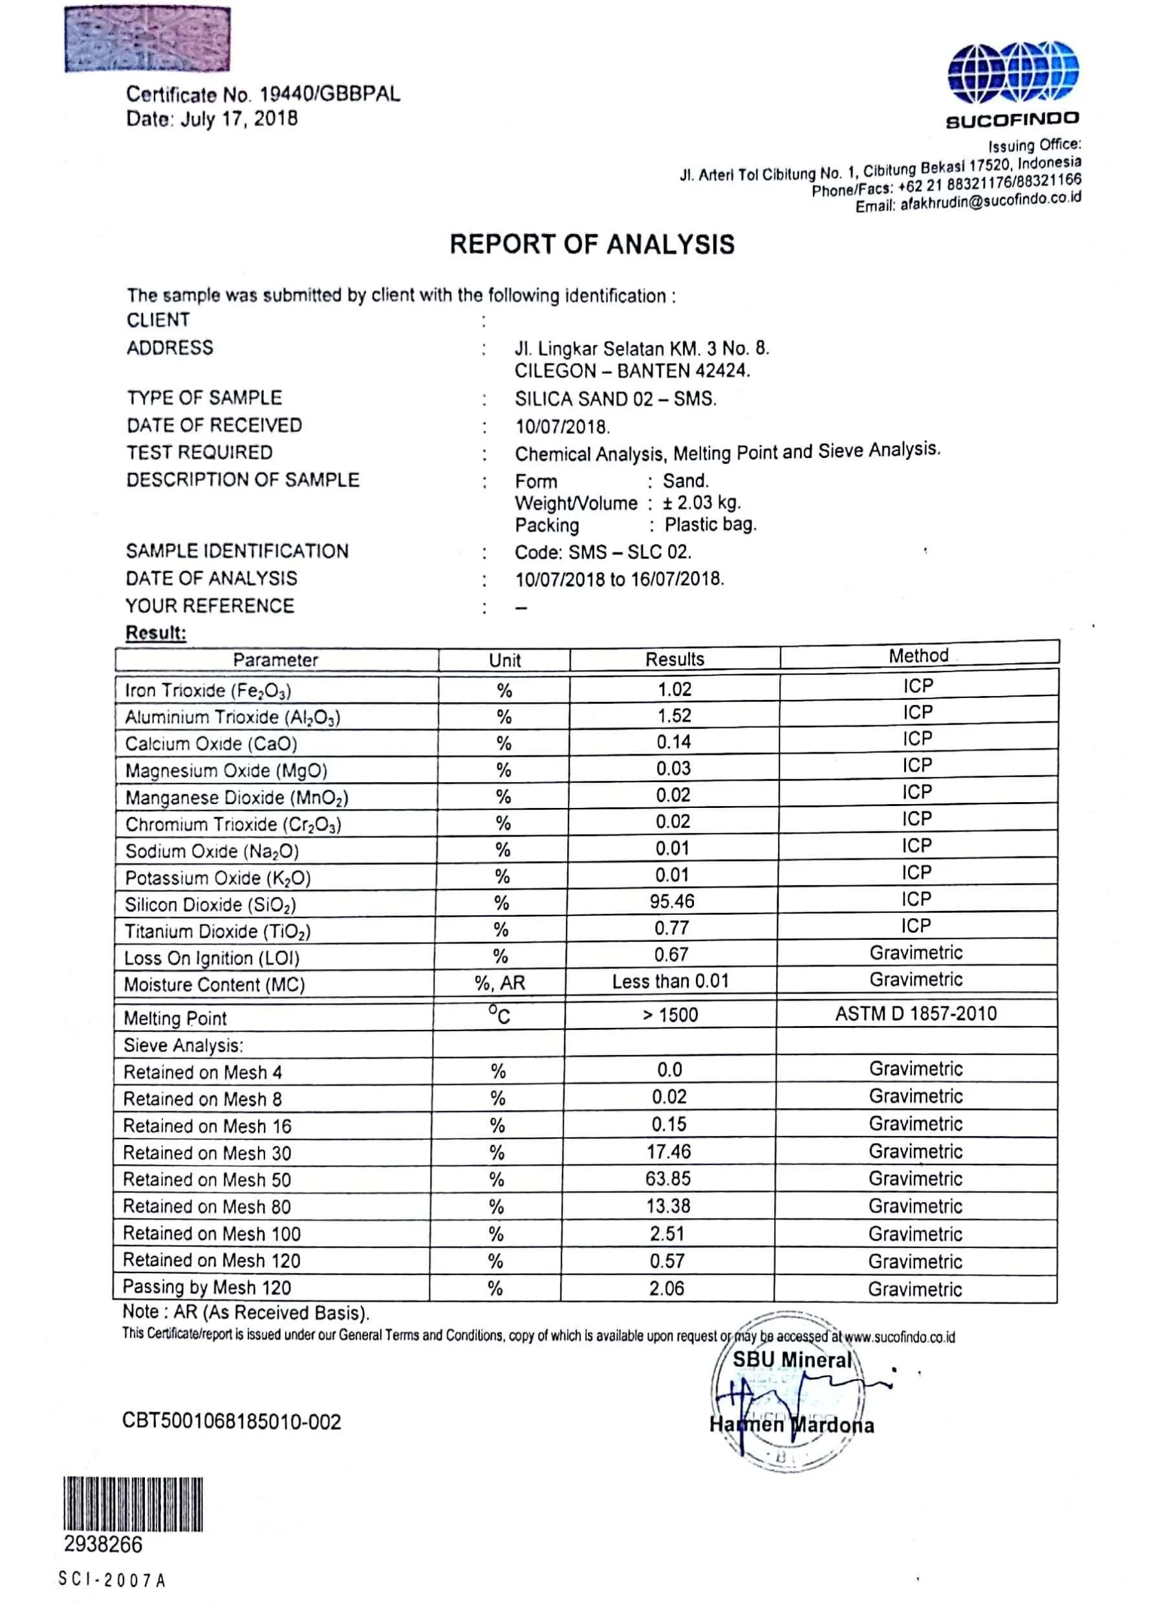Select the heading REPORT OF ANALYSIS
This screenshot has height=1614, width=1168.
592,244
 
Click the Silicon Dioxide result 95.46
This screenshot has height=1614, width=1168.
671,902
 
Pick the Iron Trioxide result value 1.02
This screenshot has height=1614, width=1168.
675,689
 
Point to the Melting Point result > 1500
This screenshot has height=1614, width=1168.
670,1015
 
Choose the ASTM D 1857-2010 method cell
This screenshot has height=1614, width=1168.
916,1014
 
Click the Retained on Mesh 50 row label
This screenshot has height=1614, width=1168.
207,1180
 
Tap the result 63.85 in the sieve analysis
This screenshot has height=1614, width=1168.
668,1179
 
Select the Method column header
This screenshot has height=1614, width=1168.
918,655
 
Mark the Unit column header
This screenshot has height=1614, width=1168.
504,660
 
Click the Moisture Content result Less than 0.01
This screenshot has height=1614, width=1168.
671,982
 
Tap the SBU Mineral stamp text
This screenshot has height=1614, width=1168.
792,1360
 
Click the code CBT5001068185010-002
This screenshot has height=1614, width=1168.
232,1421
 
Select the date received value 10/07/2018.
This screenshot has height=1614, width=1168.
562,427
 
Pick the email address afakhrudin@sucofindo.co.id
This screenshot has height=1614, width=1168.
990,202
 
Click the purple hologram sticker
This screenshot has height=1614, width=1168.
147,39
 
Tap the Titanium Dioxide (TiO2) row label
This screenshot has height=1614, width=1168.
218,932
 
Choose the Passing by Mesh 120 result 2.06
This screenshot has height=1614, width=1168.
667,1288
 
